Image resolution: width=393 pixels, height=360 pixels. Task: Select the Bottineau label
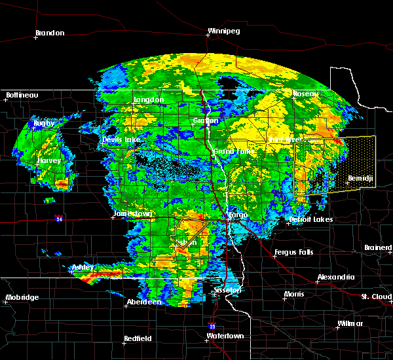click(x=22, y=95)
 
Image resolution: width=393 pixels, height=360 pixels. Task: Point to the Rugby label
click(x=45, y=123)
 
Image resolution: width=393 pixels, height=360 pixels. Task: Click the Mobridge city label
click(x=22, y=297)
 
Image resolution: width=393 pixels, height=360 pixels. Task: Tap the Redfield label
click(x=138, y=338)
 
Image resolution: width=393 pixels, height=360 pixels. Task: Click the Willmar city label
click(x=350, y=324)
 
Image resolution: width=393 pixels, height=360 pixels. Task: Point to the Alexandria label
click(x=336, y=277)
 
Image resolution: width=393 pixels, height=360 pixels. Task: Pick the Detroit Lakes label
click(x=310, y=219)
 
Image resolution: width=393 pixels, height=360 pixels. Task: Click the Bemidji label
click(x=360, y=178)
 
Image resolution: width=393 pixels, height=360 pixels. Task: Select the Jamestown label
click(x=133, y=213)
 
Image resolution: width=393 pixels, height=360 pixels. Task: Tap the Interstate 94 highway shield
click(x=60, y=218)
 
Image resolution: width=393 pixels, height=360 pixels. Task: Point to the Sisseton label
click(x=228, y=289)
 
